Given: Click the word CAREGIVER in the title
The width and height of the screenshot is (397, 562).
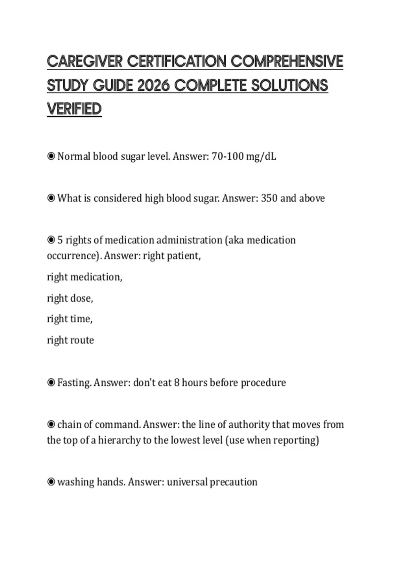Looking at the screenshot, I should (x=85, y=61).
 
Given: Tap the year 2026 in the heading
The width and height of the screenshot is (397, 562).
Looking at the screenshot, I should (x=153, y=86).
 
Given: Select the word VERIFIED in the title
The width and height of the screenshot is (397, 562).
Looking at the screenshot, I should (x=74, y=109).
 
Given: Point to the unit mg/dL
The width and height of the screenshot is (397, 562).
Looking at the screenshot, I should (x=261, y=156).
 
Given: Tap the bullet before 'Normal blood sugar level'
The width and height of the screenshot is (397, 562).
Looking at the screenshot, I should (x=51, y=156).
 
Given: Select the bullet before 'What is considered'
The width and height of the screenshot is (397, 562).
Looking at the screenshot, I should (x=51, y=198).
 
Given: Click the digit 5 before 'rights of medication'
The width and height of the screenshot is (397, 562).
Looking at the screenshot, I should (x=60, y=240).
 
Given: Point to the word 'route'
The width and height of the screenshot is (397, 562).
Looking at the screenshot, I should (x=81, y=340).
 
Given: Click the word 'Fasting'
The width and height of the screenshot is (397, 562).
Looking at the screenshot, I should (x=74, y=382).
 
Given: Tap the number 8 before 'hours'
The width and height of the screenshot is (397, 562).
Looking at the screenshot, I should (x=177, y=382).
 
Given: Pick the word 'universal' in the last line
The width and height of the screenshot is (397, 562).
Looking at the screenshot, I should (x=187, y=482).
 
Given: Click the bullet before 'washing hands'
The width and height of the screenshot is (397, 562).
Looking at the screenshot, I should (x=51, y=482).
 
